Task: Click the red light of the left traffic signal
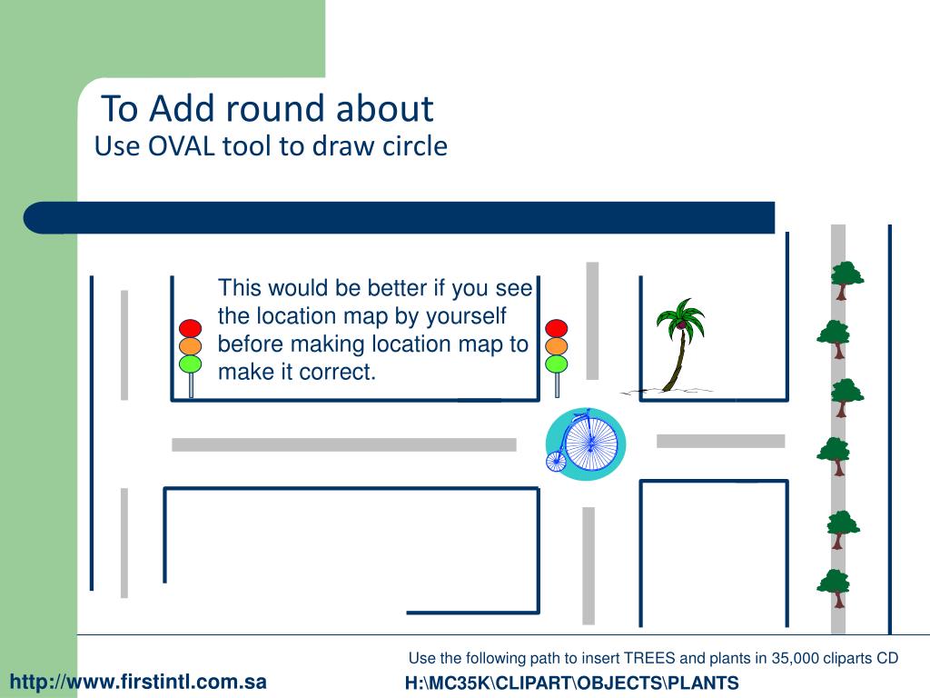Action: (x=190, y=328)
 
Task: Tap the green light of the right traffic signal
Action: (x=557, y=364)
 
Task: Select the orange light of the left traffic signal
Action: (x=190, y=346)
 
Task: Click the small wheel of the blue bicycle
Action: (x=556, y=461)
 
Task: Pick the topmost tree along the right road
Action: (x=846, y=278)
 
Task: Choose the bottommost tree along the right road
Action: (x=833, y=587)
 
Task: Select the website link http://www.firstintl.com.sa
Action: (x=138, y=681)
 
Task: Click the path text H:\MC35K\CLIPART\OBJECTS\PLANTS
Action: (x=571, y=683)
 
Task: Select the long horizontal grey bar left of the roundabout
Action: (x=343, y=444)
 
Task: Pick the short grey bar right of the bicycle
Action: (x=720, y=441)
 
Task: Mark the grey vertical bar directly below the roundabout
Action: (x=589, y=564)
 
